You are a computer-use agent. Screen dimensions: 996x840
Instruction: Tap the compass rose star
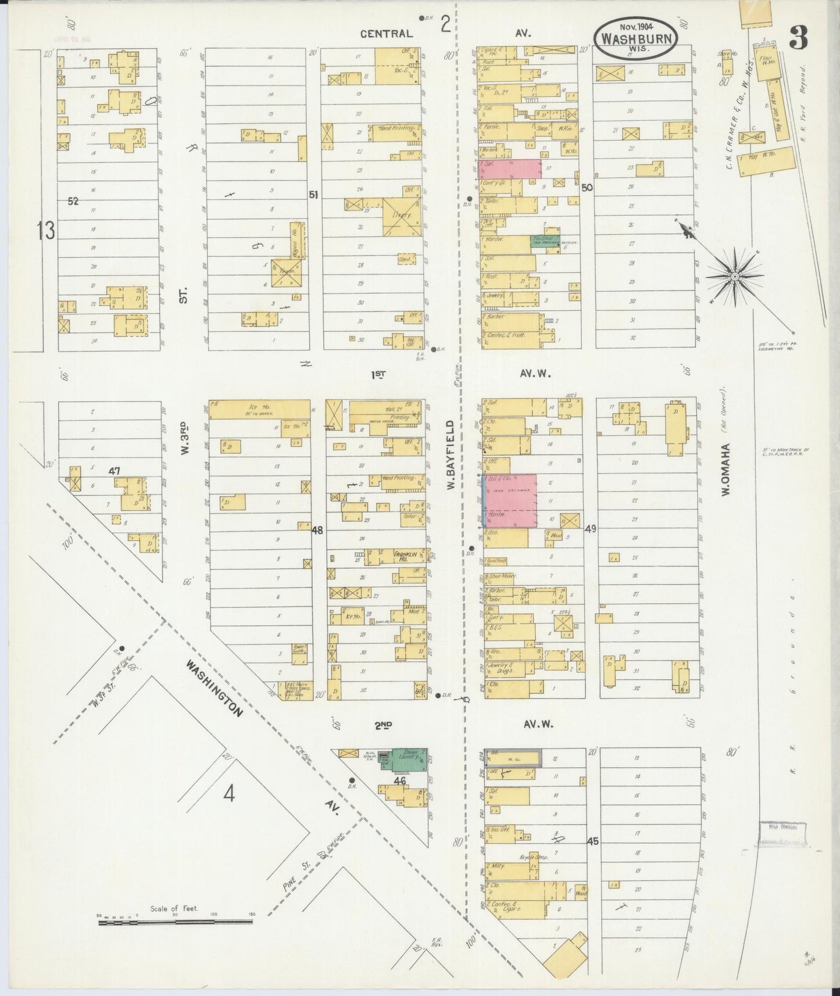(735, 277)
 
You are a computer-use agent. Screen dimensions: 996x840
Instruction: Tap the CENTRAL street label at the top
(386, 34)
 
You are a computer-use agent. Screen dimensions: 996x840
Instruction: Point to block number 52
(73, 201)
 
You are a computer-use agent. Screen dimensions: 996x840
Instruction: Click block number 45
(592, 841)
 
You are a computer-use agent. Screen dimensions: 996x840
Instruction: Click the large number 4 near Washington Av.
(229, 793)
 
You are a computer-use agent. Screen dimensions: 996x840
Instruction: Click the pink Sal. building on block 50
(512, 169)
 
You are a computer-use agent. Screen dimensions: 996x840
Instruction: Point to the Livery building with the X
(402, 216)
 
